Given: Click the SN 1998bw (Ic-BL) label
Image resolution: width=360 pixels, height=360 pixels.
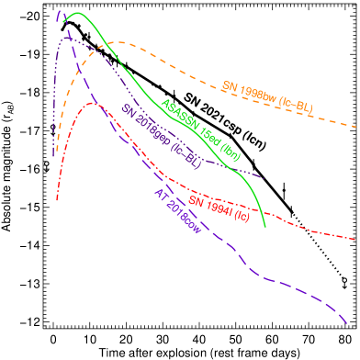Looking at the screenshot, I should pyautogui.click(x=267, y=96).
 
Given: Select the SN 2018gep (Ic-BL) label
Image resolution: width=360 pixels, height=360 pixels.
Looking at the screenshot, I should pyautogui.click(x=161, y=135).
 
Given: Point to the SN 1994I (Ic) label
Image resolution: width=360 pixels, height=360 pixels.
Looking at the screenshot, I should pyautogui.click(x=219, y=208).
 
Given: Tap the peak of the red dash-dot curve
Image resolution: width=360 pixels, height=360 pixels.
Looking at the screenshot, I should pyautogui.click(x=93, y=103).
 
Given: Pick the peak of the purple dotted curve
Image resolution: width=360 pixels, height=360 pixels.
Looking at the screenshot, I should pyautogui.click(x=65, y=38).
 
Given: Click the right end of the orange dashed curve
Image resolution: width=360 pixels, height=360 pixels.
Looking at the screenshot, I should pyautogui.click(x=357, y=127).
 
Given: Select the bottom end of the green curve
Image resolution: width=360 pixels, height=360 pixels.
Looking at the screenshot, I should pyautogui.click(x=265, y=227).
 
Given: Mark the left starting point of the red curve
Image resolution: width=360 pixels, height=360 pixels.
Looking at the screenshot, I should pyautogui.click(x=57, y=200).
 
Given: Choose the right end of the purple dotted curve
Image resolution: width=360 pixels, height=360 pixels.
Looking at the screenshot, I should pyautogui.click(x=264, y=177).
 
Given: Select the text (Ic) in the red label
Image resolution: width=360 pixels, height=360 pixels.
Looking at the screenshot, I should pyautogui.click(x=240, y=216).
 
